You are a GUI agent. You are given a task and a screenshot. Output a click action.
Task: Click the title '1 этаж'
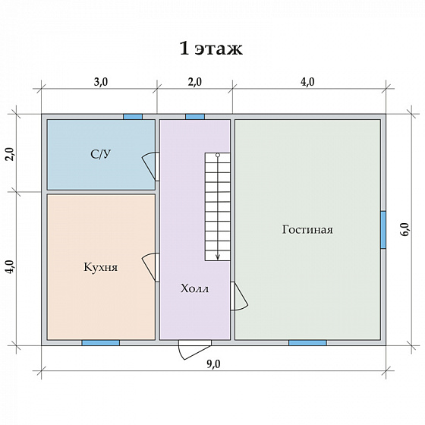[x=211, y=49]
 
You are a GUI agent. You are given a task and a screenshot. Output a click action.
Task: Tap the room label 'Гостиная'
[x=307, y=229]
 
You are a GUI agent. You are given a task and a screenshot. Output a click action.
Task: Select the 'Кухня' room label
[x=100, y=267]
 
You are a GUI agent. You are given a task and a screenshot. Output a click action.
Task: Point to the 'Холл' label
[x=194, y=288]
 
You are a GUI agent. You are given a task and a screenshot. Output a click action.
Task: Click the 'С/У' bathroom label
[x=100, y=154]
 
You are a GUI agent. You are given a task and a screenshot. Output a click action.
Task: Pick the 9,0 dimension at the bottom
[x=213, y=364]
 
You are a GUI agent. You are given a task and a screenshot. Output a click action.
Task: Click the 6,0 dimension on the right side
[x=405, y=229]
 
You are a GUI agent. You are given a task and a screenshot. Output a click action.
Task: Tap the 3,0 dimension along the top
[x=101, y=82]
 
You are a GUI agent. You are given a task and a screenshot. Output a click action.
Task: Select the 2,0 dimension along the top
[x=194, y=82]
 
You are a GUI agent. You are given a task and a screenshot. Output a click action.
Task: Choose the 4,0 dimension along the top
[x=307, y=82]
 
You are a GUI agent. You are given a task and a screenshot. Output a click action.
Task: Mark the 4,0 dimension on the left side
[x=11, y=266]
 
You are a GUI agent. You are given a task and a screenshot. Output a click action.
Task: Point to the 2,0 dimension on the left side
[x=11, y=154]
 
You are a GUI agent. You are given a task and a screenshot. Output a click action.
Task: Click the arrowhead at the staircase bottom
[x=218, y=257]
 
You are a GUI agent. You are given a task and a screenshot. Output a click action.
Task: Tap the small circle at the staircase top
[x=218, y=155]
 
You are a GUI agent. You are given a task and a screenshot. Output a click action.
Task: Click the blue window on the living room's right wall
[x=383, y=230]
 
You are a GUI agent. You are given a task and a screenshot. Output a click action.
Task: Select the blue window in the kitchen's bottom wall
[x=101, y=343]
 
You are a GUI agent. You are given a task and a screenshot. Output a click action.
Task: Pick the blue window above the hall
[x=195, y=117]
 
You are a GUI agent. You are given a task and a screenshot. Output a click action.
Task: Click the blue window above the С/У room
[x=133, y=117]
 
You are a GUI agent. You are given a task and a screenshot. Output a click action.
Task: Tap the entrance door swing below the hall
[x=194, y=351]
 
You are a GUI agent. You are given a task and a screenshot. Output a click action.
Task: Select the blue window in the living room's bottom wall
[x=307, y=343]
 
